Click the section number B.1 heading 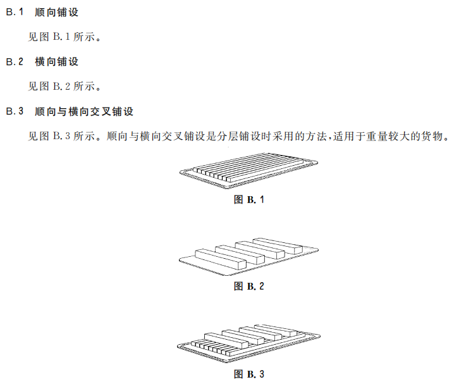pyautogui.click(x=15, y=12)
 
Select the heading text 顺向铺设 pyautogui.click(x=57, y=12)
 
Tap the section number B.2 pyautogui.click(x=15, y=62)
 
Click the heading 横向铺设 pyautogui.click(x=57, y=62)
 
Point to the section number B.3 pyautogui.click(x=15, y=111)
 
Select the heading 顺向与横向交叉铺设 pyautogui.click(x=84, y=111)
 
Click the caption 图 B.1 pyautogui.click(x=249, y=199)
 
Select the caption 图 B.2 pyautogui.click(x=249, y=287)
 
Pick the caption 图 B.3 pyautogui.click(x=249, y=374)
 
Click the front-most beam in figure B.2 pyautogui.click(x=221, y=259)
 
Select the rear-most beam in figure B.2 pyautogui.click(x=278, y=246)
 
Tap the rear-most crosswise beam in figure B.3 pyautogui.click(x=276, y=330)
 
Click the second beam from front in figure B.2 pyautogui.click(x=240, y=254)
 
